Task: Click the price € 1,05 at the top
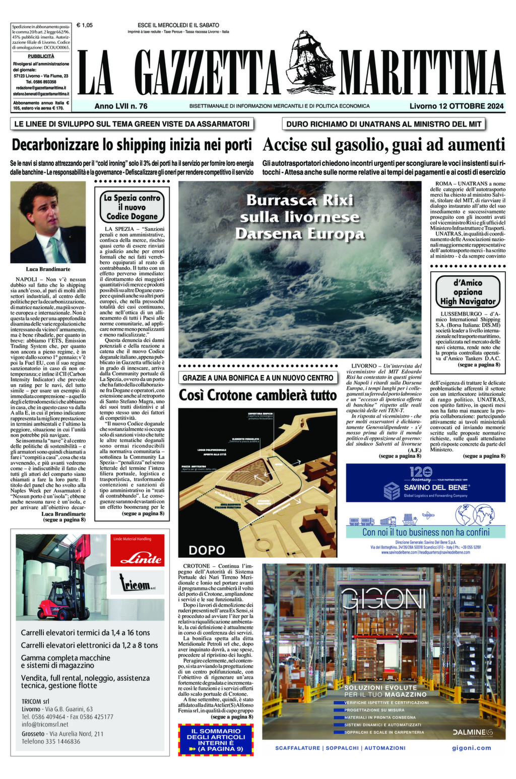[x=84, y=25]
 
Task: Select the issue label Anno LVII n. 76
[x=121, y=106]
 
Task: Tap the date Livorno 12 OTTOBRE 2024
[x=457, y=106]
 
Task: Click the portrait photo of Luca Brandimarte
[x=48, y=222]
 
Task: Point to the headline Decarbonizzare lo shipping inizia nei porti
[x=132, y=145]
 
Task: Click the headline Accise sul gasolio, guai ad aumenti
[x=383, y=145]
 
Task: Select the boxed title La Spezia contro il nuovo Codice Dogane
[x=132, y=207]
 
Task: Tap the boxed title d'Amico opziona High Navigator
[x=468, y=292]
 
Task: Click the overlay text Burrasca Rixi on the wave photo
[x=300, y=200]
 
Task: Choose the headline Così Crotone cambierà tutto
[x=257, y=395]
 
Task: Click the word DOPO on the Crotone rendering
[x=207, y=549]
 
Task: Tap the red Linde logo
[x=137, y=558]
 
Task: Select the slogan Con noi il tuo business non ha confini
[x=425, y=532]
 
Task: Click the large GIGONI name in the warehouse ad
[x=383, y=600]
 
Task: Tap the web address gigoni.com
[x=471, y=748]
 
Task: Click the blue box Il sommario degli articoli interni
[x=215, y=740]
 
